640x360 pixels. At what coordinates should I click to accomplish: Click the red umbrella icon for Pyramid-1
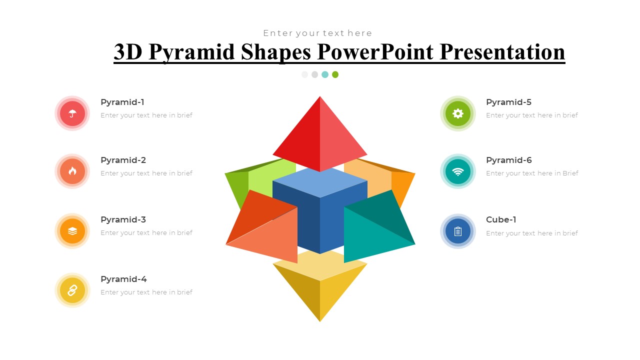coord(72,113)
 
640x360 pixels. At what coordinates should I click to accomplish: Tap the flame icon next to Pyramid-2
coord(72,171)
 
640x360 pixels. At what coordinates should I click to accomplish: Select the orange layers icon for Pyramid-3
coord(72,231)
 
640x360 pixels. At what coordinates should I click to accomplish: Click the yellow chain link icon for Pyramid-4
coord(72,290)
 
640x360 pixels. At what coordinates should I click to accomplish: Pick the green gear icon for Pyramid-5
coord(458,113)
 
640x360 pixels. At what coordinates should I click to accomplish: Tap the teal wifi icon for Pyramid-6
coord(458,171)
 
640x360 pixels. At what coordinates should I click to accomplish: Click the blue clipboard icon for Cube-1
coord(458,231)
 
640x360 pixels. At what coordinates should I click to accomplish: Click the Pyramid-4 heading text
coord(123,279)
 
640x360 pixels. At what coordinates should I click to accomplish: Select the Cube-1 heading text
coord(501,219)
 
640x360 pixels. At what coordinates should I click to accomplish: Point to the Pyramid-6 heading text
coord(508,160)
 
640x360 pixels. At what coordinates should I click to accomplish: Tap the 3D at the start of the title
coord(128,52)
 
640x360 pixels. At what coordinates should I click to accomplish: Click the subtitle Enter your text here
coord(317,33)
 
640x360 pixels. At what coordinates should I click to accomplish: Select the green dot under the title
coord(335,74)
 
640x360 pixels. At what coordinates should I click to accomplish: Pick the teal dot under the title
coord(325,74)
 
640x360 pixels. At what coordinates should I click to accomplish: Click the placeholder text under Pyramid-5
coord(531,115)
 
